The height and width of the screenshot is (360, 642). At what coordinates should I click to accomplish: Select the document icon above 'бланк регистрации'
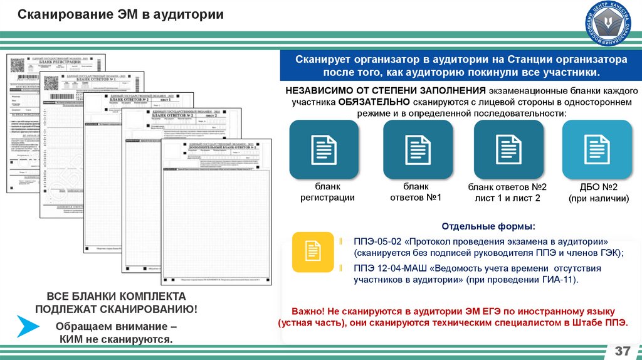click(x=324, y=149)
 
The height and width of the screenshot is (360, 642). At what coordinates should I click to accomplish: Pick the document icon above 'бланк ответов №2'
click(x=508, y=149)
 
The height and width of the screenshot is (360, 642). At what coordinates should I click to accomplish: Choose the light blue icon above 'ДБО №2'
click(x=597, y=149)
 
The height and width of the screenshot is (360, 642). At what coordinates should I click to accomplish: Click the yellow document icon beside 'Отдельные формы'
click(x=312, y=251)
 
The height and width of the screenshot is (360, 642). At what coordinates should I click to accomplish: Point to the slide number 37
click(x=623, y=349)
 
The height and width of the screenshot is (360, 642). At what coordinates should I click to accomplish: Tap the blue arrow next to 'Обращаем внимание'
click(x=28, y=327)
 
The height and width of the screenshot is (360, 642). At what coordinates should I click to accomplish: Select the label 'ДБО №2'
click(x=599, y=187)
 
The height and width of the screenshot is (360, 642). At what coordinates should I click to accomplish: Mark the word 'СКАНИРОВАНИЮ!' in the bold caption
click(x=149, y=309)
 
